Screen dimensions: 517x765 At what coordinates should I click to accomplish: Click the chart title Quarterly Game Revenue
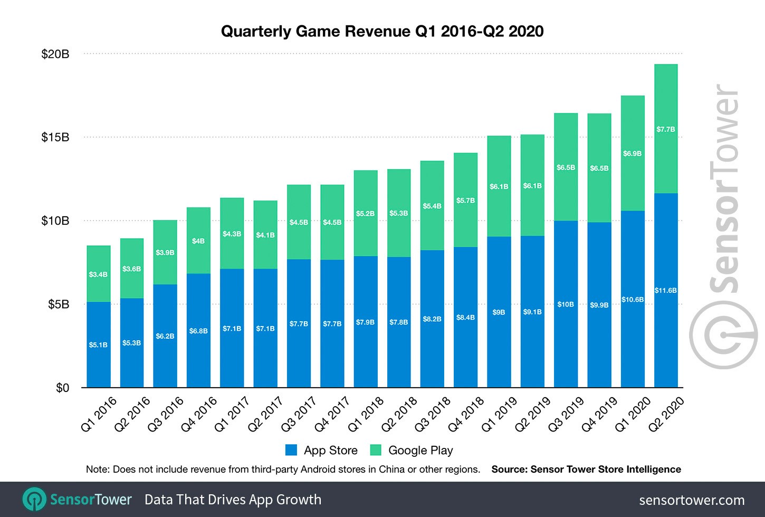point(382,31)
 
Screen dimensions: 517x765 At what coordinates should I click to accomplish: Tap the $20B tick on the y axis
point(55,54)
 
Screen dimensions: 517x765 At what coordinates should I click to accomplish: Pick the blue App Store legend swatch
point(291,450)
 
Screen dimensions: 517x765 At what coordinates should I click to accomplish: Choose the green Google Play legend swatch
point(376,450)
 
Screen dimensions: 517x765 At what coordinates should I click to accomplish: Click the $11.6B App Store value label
point(665,290)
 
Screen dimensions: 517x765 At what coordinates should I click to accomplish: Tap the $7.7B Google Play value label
point(665,129)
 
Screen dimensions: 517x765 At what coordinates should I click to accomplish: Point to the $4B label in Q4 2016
point(198,241)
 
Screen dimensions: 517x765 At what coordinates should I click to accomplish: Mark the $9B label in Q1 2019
point(499,312)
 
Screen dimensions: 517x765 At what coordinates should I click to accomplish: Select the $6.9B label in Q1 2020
point(632,154)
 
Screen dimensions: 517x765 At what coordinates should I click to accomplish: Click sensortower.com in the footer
point(692,500)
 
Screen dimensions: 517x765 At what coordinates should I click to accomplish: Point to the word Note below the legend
point(97,470)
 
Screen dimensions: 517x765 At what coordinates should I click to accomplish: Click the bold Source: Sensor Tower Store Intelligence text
point(586,470)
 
